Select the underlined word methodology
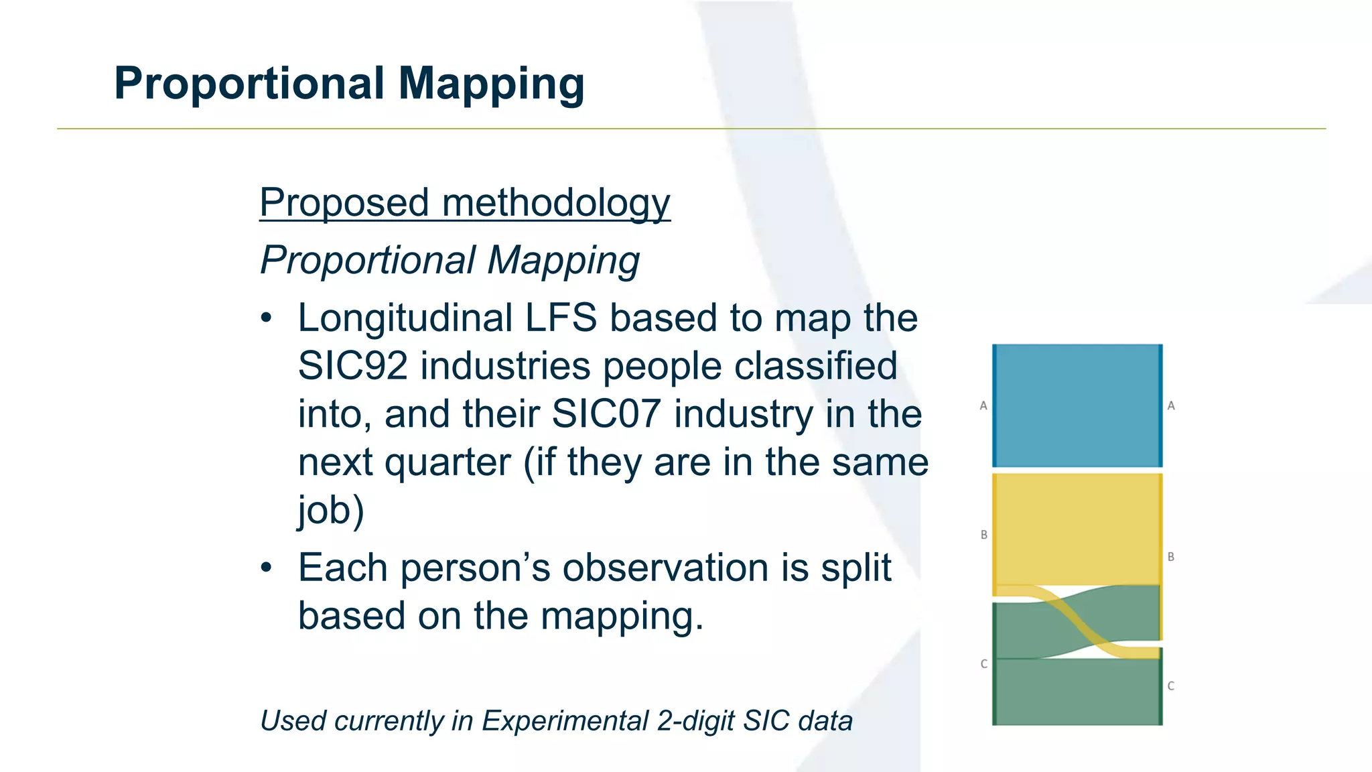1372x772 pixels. coord(555,202)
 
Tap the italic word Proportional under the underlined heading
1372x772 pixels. coord(368,260)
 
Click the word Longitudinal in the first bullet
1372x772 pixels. coord(405,318)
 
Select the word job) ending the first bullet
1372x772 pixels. coord(331,511)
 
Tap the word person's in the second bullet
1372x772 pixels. coord(475,568)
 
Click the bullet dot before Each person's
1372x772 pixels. coord(267,568)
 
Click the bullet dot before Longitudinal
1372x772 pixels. coord(267,318)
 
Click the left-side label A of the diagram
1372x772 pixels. coord(983,405)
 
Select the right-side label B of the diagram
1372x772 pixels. coord(1170,557)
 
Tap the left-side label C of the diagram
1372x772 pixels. coord(983,664)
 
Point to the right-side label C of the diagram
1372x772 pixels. coord(1170,686)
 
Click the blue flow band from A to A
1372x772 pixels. coord(1077,405)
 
